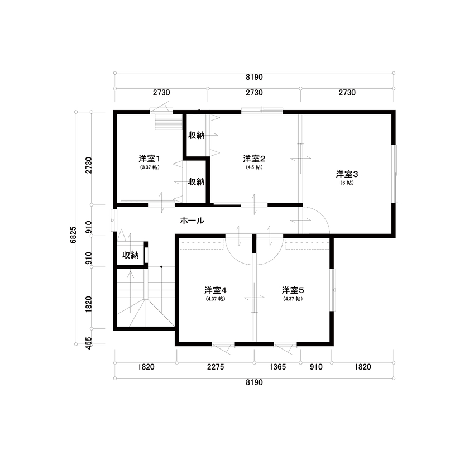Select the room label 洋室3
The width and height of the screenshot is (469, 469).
pyautogui.click(x=347, y=174)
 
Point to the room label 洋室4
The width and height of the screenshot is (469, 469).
pyautogui.click(x=215, y=290)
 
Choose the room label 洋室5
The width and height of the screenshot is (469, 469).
pyautogui.click(x=293, y=290)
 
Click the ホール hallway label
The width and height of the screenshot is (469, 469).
pyautogui.click(x=192, y=221)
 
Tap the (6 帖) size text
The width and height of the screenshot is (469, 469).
pyautogui.click(x=347, y=183)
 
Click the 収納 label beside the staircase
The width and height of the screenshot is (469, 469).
pyautogui.click(x=130, y=255)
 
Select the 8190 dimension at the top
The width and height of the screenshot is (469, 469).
pyautogui.click(x=254, y=77)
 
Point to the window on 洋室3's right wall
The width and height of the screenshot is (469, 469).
pyautogui.click(x=395, y=174)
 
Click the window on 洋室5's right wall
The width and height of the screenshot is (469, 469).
pyautogui.click(x=334, y=290)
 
